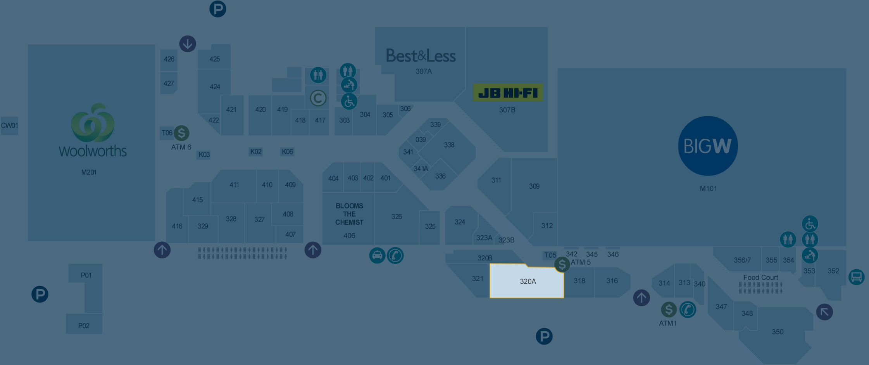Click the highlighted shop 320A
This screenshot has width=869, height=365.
527,281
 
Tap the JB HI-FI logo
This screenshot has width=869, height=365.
508,93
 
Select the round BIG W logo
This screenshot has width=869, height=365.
708,146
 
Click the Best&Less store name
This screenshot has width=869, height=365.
421,56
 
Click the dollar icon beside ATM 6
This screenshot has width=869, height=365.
181,133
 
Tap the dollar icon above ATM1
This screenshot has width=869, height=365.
669,310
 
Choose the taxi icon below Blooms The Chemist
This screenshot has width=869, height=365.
377,256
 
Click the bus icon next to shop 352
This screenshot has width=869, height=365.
856,277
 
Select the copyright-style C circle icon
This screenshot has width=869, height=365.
318,98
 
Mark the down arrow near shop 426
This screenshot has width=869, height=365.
188,44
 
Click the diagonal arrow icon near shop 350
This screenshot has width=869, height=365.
824,312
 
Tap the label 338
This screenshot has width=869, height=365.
449,145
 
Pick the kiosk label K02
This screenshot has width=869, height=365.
256,152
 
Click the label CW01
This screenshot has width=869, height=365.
9,126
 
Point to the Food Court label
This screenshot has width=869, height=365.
760,277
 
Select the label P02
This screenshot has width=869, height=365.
84,326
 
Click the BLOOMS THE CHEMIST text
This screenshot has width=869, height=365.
349,214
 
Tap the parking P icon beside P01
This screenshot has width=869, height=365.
40,294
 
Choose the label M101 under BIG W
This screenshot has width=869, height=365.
708,189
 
